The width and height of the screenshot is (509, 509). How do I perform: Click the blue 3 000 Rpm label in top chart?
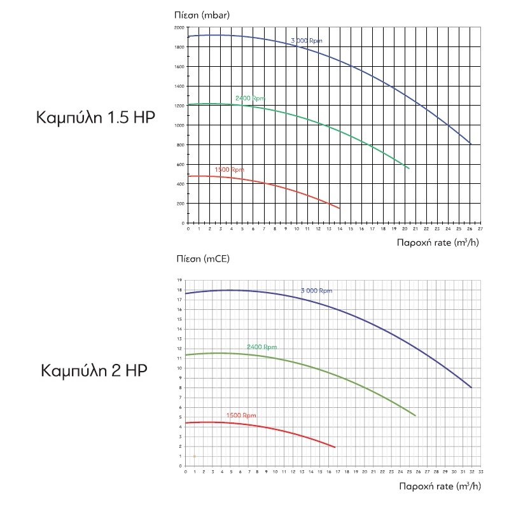307,41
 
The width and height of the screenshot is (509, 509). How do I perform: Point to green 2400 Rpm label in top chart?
249,98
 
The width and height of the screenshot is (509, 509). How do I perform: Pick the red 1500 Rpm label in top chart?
229,169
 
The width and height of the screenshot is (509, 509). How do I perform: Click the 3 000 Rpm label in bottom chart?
316,291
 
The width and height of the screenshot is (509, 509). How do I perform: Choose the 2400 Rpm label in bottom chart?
261,347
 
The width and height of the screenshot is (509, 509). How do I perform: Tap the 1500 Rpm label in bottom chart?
241,415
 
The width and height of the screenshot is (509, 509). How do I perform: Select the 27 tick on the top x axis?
480,228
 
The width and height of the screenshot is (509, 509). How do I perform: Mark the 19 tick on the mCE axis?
180,280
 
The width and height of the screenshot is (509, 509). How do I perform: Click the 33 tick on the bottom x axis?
480,472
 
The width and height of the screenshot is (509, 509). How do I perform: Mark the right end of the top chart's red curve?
340,208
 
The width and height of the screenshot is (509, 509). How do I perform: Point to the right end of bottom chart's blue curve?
471,387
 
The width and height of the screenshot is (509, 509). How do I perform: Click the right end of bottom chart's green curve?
415,415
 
